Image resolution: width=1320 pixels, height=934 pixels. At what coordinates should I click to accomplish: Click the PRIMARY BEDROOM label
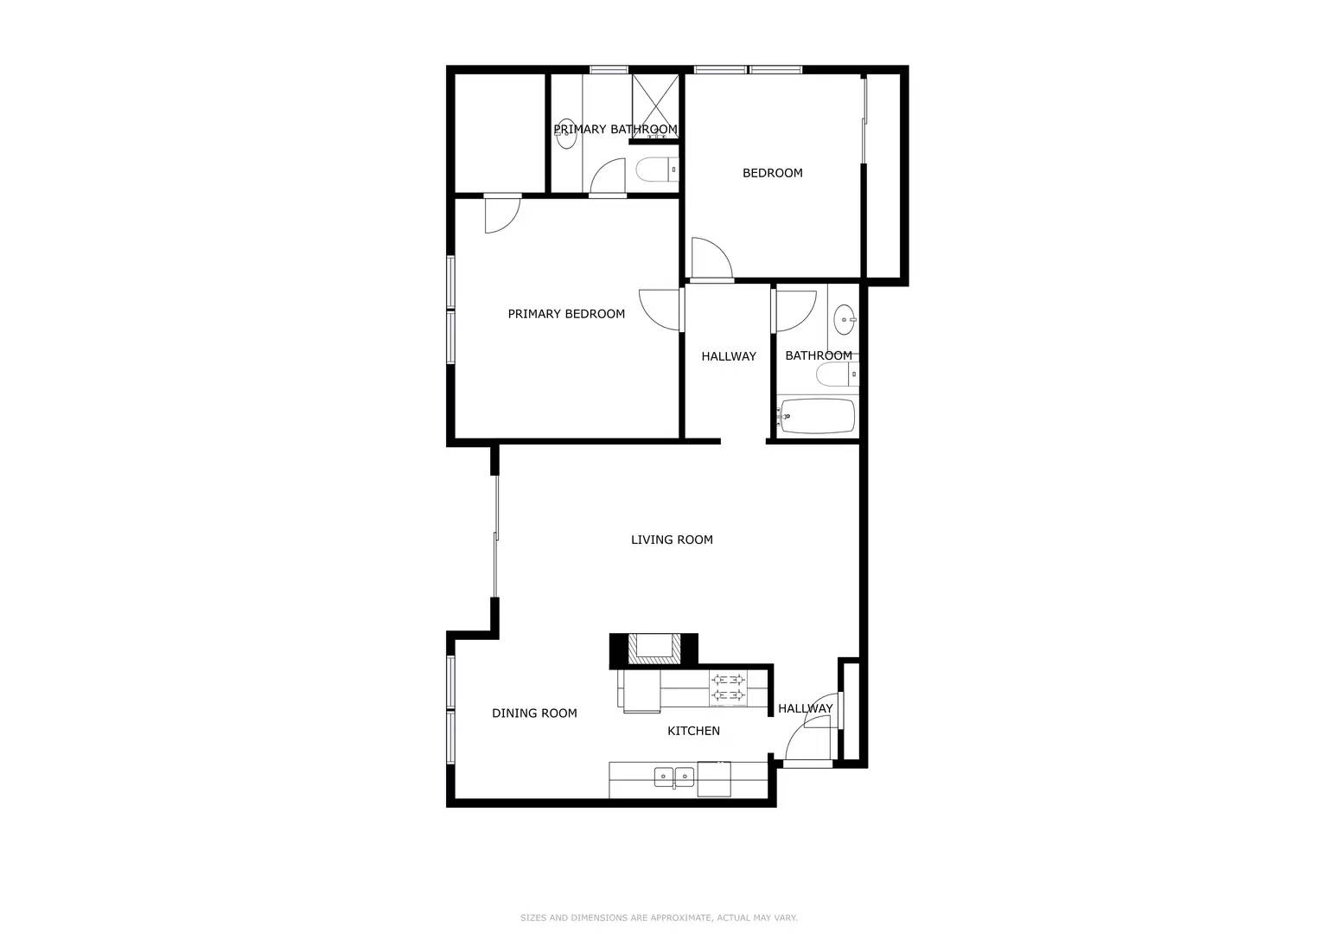pyautogui.click(x=566, y=314)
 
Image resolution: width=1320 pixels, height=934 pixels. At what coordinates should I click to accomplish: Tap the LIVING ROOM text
pyautogui.click(x=672, y=540)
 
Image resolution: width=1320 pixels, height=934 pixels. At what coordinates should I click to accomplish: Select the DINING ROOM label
pyautogui.click(x=534, y=713)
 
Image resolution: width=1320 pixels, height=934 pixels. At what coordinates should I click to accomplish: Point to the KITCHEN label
pyautogui.click(x=693, y=731)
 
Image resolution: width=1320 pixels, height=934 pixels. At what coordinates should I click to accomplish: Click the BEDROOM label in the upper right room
pyautogui.click(x=772, y=173)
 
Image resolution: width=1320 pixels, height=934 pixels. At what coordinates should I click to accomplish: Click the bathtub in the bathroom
pyautogui.click(x=817, y=416)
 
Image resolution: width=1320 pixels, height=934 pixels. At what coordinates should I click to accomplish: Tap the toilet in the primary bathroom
pyautogui.click(x=657, y=170)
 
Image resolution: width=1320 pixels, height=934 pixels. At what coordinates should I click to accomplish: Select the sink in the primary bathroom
pyautogui.click(x=566, y=134)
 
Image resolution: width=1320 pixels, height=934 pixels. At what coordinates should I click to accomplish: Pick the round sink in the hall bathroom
pyautogui.click(x=844, y=320)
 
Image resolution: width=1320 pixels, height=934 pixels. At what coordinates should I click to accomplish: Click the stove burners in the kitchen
pyautogui.click(x=728, y=687)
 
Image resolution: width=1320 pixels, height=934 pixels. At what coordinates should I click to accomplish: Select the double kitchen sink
pyautogui.click(x=673, y=777)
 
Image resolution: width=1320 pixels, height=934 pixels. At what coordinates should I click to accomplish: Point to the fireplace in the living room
pyautogui.click(x=653, y=649)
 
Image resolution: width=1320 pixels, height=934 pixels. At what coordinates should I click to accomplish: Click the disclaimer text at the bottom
pyautogui.click(x=659, y=918)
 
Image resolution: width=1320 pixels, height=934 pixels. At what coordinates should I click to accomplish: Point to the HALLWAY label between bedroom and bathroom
pyautogui.click(x=728, y=356)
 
